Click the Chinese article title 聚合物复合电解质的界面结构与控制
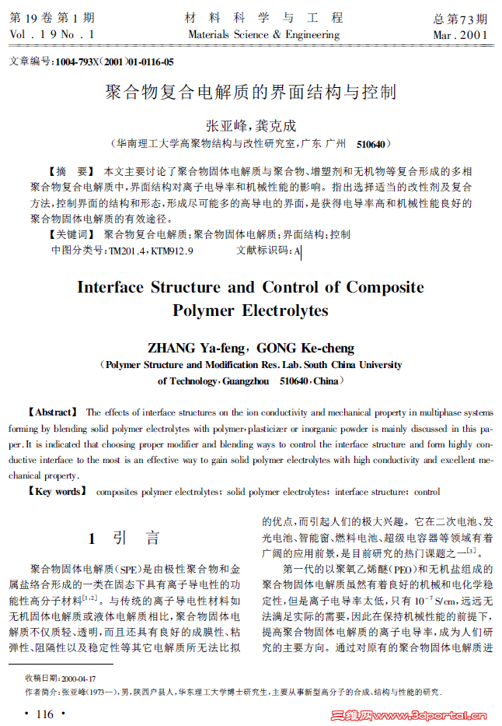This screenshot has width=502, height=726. click(250, 93)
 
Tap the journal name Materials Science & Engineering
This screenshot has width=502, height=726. click(263, 35)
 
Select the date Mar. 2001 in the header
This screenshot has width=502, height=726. click(460, 35)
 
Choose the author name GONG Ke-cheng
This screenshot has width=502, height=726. click(305, 348)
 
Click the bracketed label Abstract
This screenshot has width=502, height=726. click(53, 412)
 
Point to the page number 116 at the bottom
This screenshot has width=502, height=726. click(44, 714)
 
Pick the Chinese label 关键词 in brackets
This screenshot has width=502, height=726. click(70, 234)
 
